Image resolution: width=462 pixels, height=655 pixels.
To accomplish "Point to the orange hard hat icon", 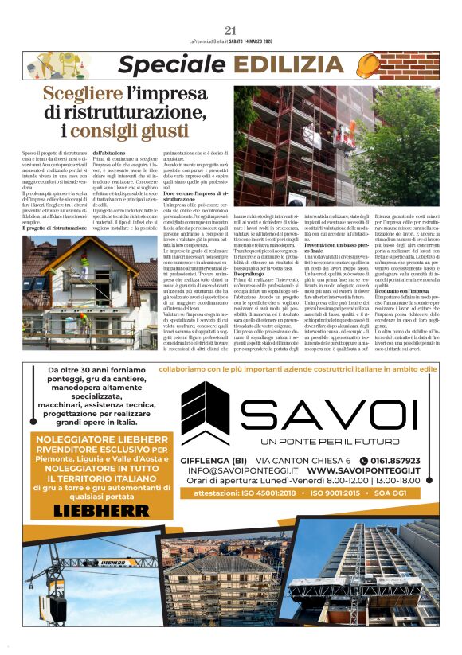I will [417, 64].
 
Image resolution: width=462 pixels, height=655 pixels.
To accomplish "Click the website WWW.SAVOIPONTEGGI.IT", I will [364, 470].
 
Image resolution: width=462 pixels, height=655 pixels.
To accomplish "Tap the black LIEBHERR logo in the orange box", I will [102, 509].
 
